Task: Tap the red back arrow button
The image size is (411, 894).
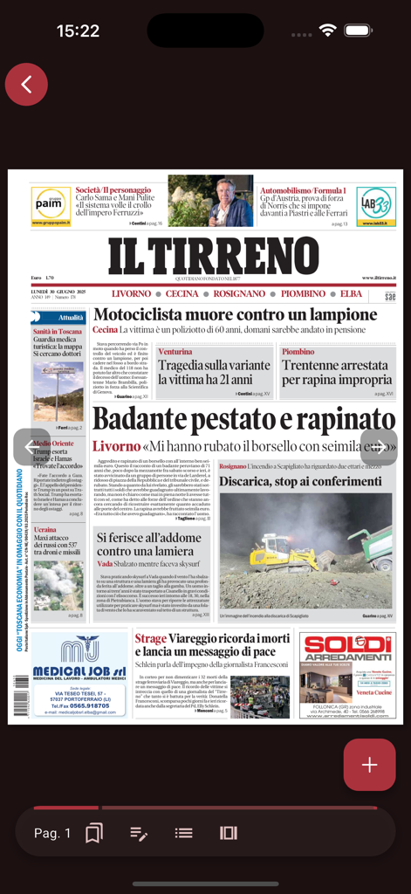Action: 26,85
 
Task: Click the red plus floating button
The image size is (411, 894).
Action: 369,765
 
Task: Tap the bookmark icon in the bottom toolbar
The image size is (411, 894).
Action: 94,833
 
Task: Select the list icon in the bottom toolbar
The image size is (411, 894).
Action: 183,833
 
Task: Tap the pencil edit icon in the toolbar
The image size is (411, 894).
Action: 139,833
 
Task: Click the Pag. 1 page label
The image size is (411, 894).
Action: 52,833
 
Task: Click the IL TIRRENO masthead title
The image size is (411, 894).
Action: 214,255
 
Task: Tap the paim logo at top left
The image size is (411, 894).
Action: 51,205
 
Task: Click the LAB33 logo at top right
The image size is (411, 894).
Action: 375,205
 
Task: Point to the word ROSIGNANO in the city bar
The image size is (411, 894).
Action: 239,294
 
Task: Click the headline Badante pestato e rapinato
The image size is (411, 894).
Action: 243,420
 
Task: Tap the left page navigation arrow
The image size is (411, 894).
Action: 31,446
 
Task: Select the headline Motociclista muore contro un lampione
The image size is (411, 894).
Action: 235,314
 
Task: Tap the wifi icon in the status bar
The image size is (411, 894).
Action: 328,30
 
